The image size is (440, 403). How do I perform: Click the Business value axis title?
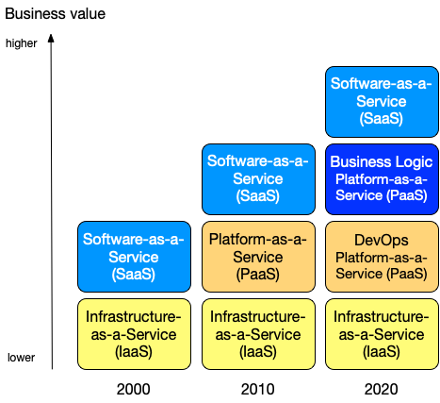point(56,14)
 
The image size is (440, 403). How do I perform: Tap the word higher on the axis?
point(22,43)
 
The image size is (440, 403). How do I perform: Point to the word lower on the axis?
point(21,358)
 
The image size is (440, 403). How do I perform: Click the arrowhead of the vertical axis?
point(51,38)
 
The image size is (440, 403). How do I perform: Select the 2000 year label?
point(134,389)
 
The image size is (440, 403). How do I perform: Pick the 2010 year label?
point(258,389)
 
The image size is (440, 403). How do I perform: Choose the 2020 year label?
point(382,389)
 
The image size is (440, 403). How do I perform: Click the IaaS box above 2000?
point(134,334)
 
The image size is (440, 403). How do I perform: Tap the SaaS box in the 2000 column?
point(134,257)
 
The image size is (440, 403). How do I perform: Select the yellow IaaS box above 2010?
point(258,334)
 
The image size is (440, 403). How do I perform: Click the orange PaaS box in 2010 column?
point(258,257)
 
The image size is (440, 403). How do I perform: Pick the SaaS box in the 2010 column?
point(258,179)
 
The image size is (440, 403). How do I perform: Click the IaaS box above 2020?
point(382,334)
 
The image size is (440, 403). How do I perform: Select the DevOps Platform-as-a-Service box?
point(382,257)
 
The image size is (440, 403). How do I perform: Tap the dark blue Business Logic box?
point(382,179)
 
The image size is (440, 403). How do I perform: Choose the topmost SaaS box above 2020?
point(382,102)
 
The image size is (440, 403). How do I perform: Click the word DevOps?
point(382,241)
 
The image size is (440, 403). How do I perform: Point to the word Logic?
point(414,162)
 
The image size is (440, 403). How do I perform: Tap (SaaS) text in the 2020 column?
point(382,119)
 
